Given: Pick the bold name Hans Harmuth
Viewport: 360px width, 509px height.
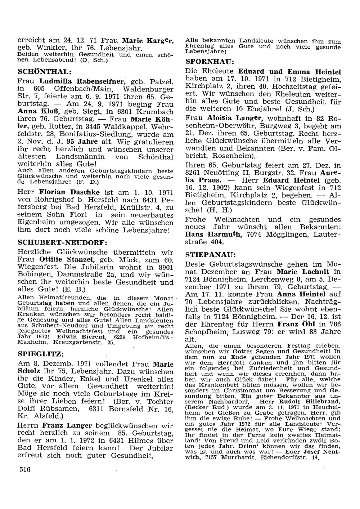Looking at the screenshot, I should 213,235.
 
